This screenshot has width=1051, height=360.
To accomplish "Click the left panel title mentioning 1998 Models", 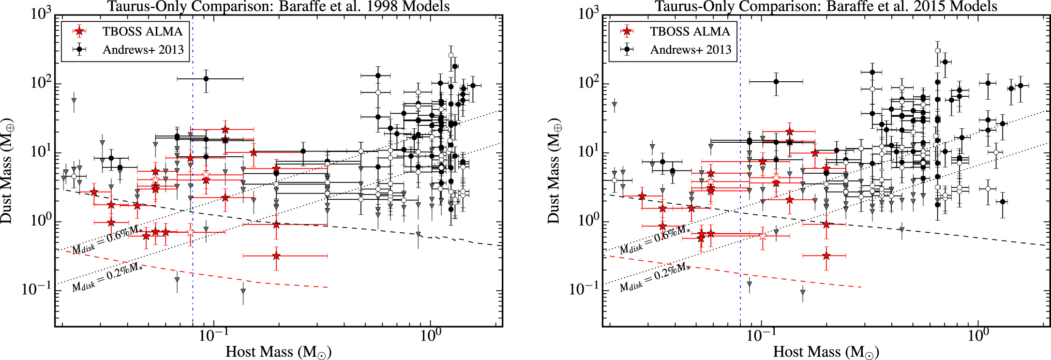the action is pyautogui.click(x=278, y=6).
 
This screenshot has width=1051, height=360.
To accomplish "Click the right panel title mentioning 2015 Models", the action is pyautogui.click(x=826, y=6).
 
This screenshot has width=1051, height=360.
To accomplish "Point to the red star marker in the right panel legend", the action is pyautogui.click(x=627, y=31).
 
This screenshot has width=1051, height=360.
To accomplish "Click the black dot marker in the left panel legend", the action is pyautogui.click(x=79, y=49).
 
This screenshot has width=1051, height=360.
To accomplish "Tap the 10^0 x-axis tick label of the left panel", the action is pyautogui.click(x=429, y=335).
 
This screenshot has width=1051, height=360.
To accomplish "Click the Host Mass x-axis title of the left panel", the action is pyautogui.click(x=279, y=352).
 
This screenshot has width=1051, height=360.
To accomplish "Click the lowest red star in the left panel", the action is pyautogui.click(x=276, y=255).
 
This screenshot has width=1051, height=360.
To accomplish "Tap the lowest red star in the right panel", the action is pyautogui.click(x=826, y=255).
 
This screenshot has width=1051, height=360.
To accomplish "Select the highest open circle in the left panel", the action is pyautogui.click(x=451, y=55).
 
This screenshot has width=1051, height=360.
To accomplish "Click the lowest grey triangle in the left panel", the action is pyautogui.click(x=243, y=291).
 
